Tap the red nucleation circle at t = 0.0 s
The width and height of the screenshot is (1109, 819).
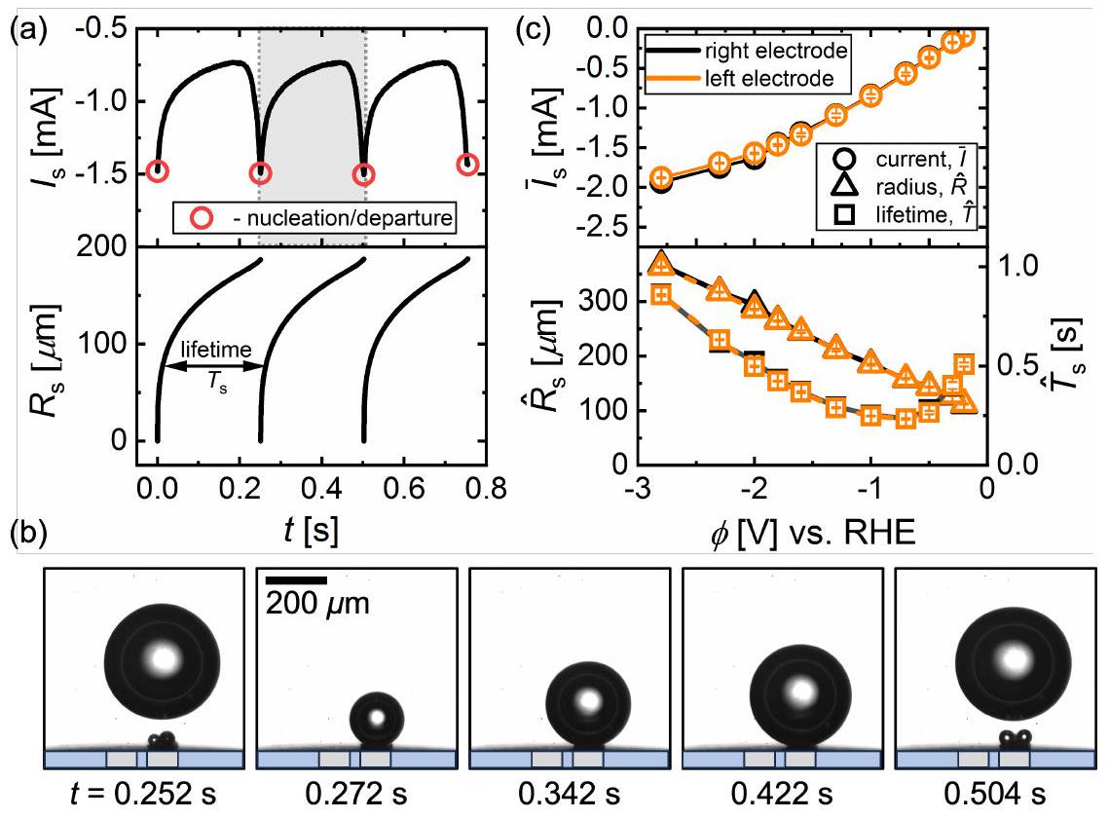pyautogui.click(x=158, y=171)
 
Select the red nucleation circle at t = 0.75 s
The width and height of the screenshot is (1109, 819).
pyautogui.click(x=468, y=164)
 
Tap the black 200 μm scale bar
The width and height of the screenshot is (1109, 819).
pyautogui.click(x=298, y=580)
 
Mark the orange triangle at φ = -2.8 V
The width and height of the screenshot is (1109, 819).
pyautogui.click(x=662, y=263)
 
